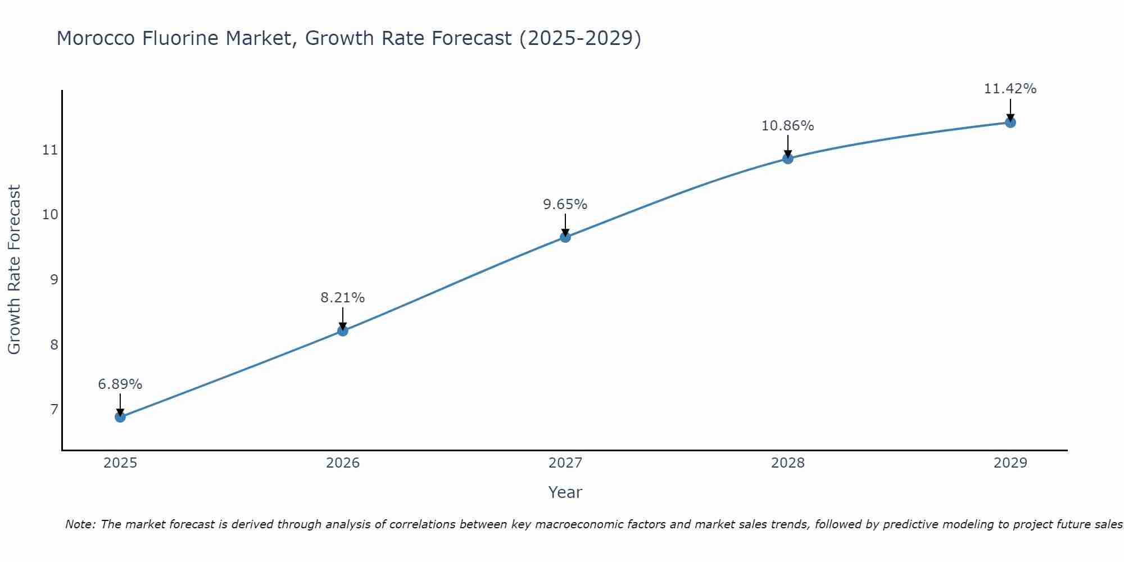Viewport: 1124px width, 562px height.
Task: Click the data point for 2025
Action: pyautogui.click(x=120, y=417)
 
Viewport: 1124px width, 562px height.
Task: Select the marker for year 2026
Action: pyautogui.click(x=343, y=331)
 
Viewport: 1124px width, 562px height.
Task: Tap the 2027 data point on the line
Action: pyautogui.click(x=565, y=237)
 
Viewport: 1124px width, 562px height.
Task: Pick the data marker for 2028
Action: pyautogui.click(x=788, y=158)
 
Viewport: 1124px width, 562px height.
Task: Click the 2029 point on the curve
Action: pyautogui.click(x=1010, y=123)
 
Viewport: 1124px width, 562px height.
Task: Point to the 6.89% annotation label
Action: pyautogui.click(x=120, y=384)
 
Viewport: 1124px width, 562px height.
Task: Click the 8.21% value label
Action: pyautogui.click(x=343, y=298)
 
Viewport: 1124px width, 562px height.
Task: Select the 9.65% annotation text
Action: pyautogui.click(x=565, y=205)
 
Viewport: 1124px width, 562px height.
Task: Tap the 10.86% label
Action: pyautogui.click(x=788, y=126)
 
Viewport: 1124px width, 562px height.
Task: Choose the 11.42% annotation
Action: pyautogui.click(x=1010, y=89)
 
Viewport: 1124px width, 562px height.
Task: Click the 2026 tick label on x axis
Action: pyautogui.click(x=343, y=463)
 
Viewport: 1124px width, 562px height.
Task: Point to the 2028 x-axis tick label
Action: pyautogui.click(x=788, y=463)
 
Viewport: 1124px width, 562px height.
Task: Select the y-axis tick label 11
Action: pyautogui.click(x=50, y=150)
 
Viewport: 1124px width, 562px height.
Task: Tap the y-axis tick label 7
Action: pyautogui.click(x=54, y=409)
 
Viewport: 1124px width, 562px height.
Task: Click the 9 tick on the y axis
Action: pyautogui.click(x=54, y=279)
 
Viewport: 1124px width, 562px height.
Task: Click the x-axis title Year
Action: pyautogui.click(x=565, y=492)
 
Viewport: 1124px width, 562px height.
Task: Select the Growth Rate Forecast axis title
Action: pyautogui.click(x=15, y=270)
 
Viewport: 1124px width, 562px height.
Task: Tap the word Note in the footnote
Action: pyautogui.click(x=81, y=525)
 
